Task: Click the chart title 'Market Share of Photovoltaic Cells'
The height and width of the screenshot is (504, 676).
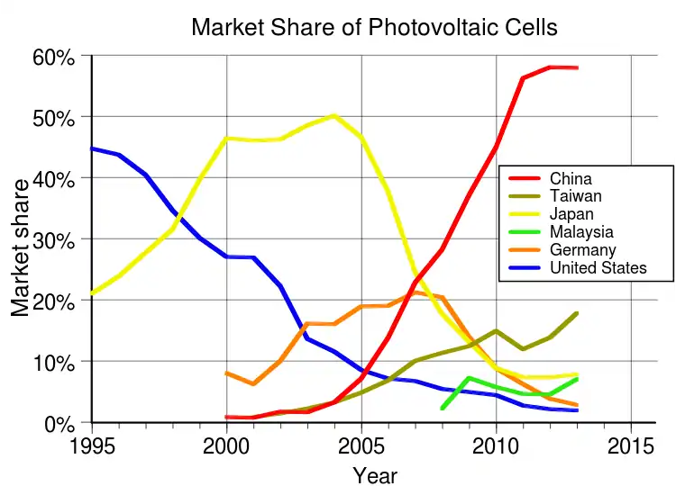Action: click(374, 27)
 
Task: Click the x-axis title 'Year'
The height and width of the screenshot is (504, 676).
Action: click(374, 475)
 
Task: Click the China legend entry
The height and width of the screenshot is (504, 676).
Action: click(571, 178)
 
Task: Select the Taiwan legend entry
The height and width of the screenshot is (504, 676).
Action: click(575, 195)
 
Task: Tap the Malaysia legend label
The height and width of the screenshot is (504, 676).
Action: click(581, 231)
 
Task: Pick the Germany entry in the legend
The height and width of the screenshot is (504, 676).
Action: click(582, 249)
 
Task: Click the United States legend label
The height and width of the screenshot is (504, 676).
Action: click(598, 267)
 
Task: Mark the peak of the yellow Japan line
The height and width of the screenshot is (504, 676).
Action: click(334, 115)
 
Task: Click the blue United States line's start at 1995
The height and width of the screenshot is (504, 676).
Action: click(93, 148)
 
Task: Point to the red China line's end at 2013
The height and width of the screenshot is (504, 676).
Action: click(577, 67)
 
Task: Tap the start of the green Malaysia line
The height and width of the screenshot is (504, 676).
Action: click(442, 409)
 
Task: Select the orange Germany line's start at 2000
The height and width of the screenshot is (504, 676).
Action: click(226, 373)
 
